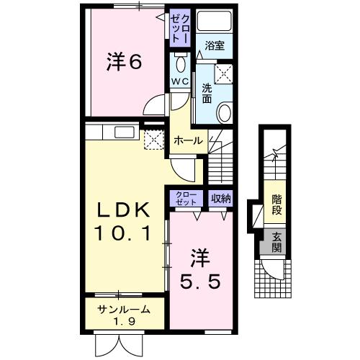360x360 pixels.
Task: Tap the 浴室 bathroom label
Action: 214,45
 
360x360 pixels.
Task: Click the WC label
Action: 179,81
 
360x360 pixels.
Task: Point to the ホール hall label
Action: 188,140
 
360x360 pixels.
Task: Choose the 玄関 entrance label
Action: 276,243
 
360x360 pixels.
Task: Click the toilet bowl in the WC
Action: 179,60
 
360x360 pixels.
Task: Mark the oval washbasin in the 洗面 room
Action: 225,113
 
